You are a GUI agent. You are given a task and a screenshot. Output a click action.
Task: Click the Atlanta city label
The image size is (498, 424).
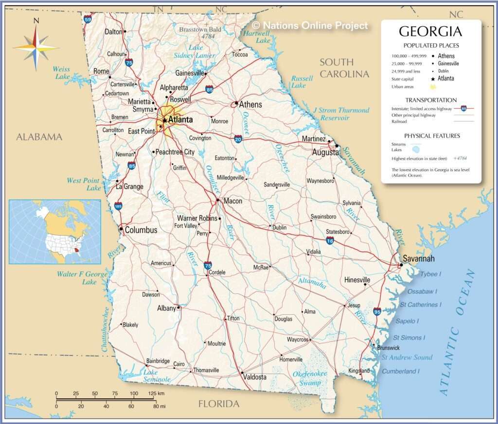point(180,119)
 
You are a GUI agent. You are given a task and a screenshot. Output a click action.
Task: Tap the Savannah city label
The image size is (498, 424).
point(418,258)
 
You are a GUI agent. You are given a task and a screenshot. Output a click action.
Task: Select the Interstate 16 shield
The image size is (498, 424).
point(330,240)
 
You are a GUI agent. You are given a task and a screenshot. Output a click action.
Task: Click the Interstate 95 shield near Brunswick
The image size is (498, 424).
point(377,311)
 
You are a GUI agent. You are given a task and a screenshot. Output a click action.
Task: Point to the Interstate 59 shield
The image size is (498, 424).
point(87,19)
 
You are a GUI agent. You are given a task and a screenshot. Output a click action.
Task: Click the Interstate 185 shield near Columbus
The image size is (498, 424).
point(119,206)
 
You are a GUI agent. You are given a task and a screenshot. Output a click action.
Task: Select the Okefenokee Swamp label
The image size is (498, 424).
point(310,378)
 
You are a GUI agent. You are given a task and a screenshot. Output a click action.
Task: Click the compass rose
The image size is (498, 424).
point(36,47)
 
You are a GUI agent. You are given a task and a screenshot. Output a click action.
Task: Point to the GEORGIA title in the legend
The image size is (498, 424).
point(430,32)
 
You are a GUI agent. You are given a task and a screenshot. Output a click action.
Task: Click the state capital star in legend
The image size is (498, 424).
point(432,79)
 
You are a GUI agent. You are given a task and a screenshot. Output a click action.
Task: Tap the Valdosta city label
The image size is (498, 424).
point(254,377)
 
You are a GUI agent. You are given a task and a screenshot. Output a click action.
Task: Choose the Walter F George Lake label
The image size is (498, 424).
point(82,278)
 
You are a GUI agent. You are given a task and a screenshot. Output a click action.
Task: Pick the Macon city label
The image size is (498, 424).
point(232,201)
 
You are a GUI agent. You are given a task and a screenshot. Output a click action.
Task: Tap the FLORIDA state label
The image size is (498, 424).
point(219,404)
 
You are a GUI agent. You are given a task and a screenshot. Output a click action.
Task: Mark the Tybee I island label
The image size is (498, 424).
point(430,274)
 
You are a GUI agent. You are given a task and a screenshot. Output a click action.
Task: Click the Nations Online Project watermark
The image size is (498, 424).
point(310,25)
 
